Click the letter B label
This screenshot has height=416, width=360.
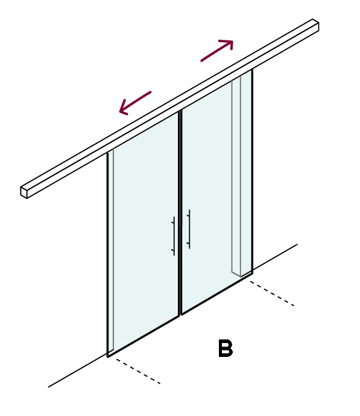pyautogui.click(x=226, y=348)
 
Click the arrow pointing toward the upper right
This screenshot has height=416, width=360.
pyautogui.click(x=216, y=51)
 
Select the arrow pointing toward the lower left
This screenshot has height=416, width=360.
pyautogui.click(x=135, y=103)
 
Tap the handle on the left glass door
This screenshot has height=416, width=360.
pyautogui.click(x=174, y=236)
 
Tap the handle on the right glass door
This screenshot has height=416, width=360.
pyautogui.click(x=189, y=229)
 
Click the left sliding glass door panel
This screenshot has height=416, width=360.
pyautogui.click(x=144, y=233)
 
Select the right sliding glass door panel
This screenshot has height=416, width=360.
pyautogui.click(x=216, y=191)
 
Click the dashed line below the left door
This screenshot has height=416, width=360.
pyautogui.click(x=138, y=371)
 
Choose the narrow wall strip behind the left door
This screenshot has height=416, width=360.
pyautogui.click(x=111, y=250)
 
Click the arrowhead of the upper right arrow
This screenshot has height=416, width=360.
pyautogui.click(x=228, y=44)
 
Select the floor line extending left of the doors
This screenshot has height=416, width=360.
pyautogui.click(x=77, y=370)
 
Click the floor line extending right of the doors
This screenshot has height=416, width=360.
pyautogui.click(x=275, y=256)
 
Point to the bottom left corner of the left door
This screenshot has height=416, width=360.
pyautogui.click(x=108, y=357)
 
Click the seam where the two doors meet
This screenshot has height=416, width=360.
pyautogui.click(x=180, y=212)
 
